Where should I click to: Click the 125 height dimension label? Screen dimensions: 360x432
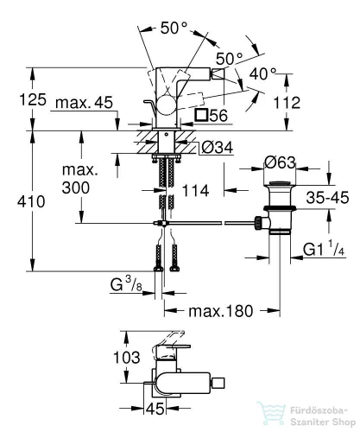pyautogui.click(x=33, y=99)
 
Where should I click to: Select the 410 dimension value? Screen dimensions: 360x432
pyautogui.click(x=31, y=201)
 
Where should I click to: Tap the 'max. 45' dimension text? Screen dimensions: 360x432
pyautogui.click(x=84, y=103)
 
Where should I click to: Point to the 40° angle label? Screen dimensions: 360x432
pyautogui.click(x=262, y=73)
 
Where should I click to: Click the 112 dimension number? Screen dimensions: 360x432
pyautogui.click(x=287, y=103)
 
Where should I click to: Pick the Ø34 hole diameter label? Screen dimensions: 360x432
pyautogui.click(x=218, y=148)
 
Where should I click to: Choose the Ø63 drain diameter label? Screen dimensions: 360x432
pyautogui.click(x=280, y=162)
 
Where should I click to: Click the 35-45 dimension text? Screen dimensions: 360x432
pyautogui.click(x=327, y=198)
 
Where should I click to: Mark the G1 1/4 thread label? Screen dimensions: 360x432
pyautogui.click(x=324, y=249)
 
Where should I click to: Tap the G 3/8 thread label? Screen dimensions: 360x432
pyautogui.click(x=126, y=285)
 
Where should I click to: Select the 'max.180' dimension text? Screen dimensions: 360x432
pyautogui.click(x=221, y=311)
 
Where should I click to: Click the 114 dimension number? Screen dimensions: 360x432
pyautogui.click(x=195, y=191)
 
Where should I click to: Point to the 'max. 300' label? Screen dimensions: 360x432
pyautogui.click(x=79, y=179)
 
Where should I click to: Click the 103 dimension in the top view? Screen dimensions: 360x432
pyautogui.click(x=127, y=358)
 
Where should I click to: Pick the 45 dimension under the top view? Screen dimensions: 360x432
pyautogui.click(x=155, y=408)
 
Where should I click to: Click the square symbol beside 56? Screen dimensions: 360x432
pyautogui.click(x=201, y=115)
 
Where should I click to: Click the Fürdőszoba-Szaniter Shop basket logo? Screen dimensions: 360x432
pyautogui.click(x=272, y=413)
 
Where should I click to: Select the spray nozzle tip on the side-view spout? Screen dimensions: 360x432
pyautogui.click(x=218, y=75)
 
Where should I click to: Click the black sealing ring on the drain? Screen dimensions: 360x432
pyautogui.click(x=280, y=208)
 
